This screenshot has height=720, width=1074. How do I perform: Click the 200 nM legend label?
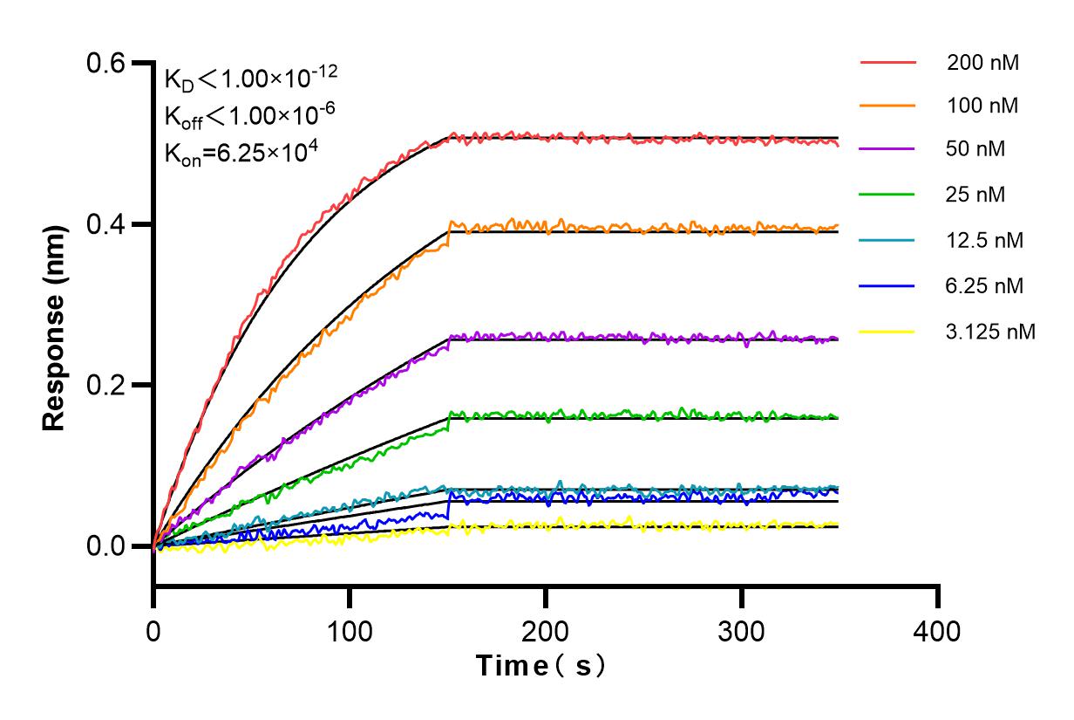(983, 63)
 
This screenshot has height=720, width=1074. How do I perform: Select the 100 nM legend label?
(983, 106)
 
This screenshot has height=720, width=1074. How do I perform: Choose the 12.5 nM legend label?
(985, 240)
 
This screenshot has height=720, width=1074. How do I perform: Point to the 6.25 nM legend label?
(985, 285)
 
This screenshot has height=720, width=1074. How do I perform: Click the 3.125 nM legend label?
(991, 332)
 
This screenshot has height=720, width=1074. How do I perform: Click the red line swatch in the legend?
(887, 63)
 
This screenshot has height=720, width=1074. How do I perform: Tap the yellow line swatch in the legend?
(887, 332)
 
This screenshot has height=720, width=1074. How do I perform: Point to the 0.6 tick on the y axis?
(108, 64)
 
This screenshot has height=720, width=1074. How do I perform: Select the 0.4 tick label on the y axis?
(108, 224)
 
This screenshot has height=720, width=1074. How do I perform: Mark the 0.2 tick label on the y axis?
(108, 385)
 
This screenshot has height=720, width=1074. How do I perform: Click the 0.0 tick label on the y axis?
(108, 546)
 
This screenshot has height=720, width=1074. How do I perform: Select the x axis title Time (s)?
(540, 666)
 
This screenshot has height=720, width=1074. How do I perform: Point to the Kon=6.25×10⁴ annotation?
(241, 153)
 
